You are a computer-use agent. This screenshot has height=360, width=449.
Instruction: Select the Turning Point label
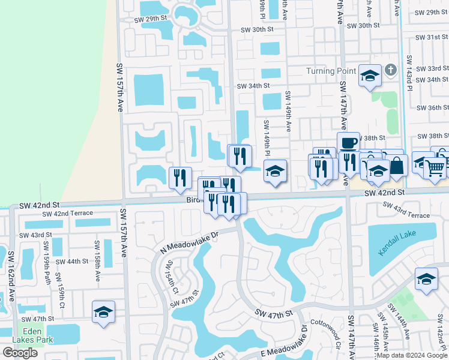[331, 71]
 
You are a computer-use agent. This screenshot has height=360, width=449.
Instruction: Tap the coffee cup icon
[348, 143]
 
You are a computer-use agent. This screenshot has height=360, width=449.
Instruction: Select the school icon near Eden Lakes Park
[103, 312]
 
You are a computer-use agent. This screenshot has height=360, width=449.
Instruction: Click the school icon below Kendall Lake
[426, 279]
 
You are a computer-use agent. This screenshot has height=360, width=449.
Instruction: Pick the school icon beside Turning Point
[370, 75]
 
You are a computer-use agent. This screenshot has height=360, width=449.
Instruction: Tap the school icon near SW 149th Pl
[275, 171]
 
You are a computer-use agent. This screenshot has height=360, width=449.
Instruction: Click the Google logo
[20, 353]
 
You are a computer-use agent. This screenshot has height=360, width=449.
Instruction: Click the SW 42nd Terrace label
[67, 214]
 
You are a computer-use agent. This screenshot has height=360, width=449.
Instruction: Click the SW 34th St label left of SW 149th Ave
[253, 86]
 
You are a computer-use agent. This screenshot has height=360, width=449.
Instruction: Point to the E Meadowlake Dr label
[283, 349]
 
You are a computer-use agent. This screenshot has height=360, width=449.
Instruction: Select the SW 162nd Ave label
[11, 276]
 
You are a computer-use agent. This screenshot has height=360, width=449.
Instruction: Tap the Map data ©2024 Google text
[411, 355]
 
